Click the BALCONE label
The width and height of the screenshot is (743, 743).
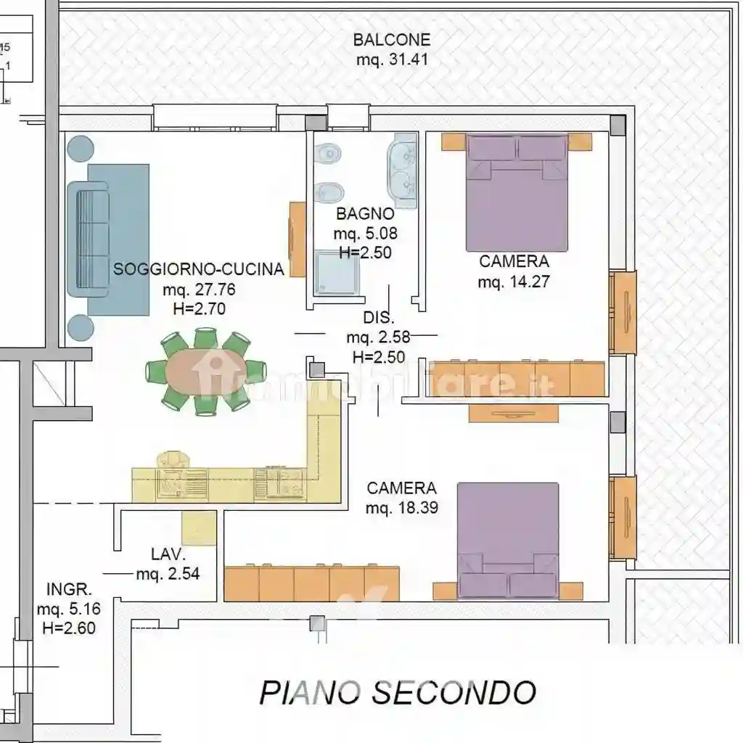coord(392,40)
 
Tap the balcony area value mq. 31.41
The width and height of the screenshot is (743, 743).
coord(392,60)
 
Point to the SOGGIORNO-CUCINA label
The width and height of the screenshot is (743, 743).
coord(199,269)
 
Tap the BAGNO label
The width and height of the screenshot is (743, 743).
coord(365,214)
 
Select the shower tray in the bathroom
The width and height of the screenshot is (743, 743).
coord(337,273)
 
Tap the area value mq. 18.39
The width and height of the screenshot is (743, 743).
coord(402,508)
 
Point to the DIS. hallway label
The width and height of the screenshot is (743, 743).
coord(378,318)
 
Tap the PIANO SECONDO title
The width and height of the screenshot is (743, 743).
coord(398,692)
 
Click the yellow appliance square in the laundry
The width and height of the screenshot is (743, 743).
coord(199,528)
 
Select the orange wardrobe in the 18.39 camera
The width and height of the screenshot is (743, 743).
coord(311,583)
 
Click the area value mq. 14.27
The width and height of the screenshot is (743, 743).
coord(513,282)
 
